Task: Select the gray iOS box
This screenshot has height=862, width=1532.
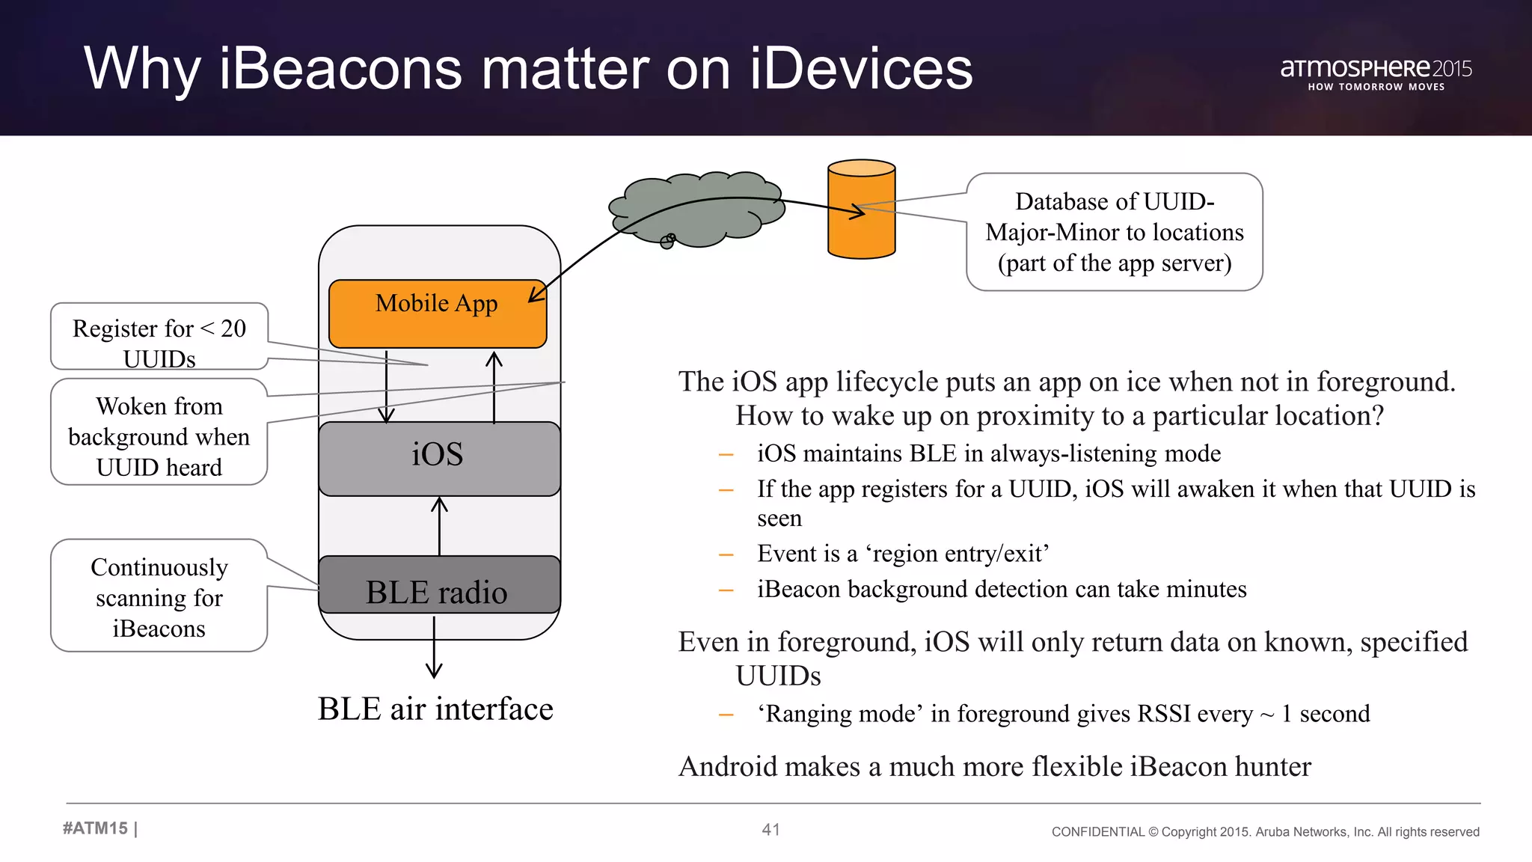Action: coord(439,458)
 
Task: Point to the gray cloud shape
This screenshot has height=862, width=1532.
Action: coord(696,210)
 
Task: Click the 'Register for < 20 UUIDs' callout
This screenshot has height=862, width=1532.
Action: coord(159,337)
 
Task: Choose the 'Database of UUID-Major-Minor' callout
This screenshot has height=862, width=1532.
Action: coord(1114,232)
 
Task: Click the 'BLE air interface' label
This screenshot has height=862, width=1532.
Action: coord(435,709)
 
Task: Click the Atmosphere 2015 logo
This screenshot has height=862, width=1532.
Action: coord(1376,73)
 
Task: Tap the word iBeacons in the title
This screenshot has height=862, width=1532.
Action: coord(340,69)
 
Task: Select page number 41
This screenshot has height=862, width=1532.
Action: coord(770,830)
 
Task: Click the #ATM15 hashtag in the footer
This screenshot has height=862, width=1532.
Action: coord(96,828)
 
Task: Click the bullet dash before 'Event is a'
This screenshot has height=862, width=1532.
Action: coord(726,554)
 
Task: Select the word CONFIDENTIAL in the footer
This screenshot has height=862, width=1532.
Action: coord(1097,832)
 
